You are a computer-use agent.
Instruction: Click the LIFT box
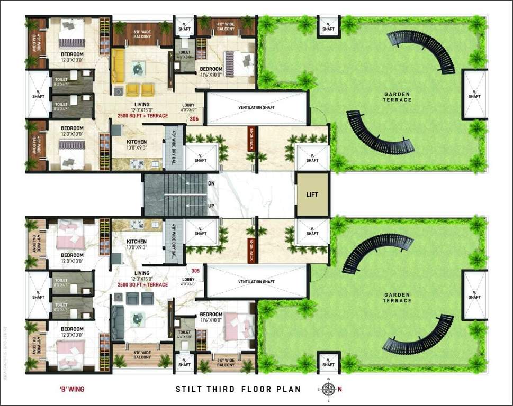(312, 195)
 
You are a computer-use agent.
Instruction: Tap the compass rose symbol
(328, 390)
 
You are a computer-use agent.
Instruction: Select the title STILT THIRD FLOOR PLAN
(238, 390)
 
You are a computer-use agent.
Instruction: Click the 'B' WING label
(72, 390)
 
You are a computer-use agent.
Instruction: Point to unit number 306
(194, 119)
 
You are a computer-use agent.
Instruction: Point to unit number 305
(195, 271)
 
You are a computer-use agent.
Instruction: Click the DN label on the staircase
(211, 184)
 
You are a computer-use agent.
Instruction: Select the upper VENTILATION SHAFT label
(256, 107)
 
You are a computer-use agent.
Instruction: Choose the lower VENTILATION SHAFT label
(257, 282)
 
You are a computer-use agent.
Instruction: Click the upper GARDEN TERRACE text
(398, 97)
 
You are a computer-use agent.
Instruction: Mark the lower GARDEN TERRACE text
(397, 298)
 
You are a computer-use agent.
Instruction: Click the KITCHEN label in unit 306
(136, 142)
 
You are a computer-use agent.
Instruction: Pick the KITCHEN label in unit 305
(136, 241)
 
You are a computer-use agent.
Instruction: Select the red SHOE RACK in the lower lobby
(252, 250)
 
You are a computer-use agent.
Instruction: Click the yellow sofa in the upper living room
(117, 66)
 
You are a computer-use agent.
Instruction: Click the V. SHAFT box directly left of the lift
(312, 157)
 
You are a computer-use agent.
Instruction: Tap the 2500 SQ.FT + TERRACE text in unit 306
(143, 115)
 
